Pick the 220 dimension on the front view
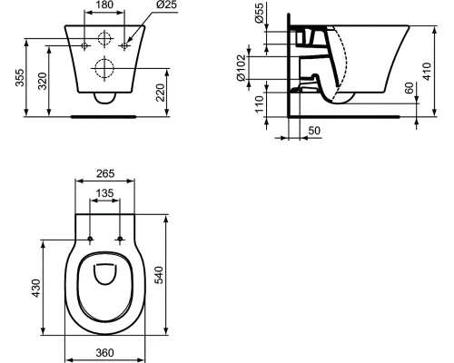click(161, 90)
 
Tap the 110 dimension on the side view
click(259, 102)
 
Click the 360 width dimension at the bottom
click(106, 352)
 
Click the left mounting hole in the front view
click(84, 44)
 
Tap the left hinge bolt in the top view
click(91, 239)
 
